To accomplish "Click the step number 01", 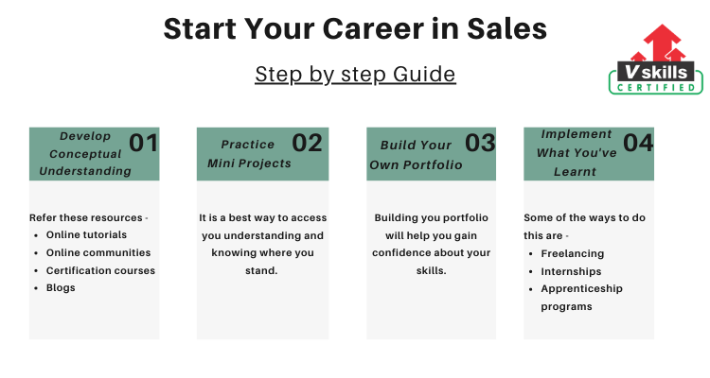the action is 144,143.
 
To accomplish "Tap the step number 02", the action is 307,143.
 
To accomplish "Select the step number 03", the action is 480,143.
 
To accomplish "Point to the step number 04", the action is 638,143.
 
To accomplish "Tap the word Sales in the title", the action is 506,28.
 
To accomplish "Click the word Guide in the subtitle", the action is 424,74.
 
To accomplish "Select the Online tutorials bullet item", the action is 86,234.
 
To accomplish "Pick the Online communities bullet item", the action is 98,252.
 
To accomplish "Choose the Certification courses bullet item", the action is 100,270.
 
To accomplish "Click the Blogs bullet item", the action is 61,288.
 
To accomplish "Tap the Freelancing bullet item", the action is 573,253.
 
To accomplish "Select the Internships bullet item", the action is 571,271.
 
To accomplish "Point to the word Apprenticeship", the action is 582,289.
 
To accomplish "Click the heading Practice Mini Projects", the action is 249,154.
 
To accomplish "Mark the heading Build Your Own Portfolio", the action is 416,155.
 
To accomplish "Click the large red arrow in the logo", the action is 662,42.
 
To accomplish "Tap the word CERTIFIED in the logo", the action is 656,87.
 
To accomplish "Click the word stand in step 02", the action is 261,270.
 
